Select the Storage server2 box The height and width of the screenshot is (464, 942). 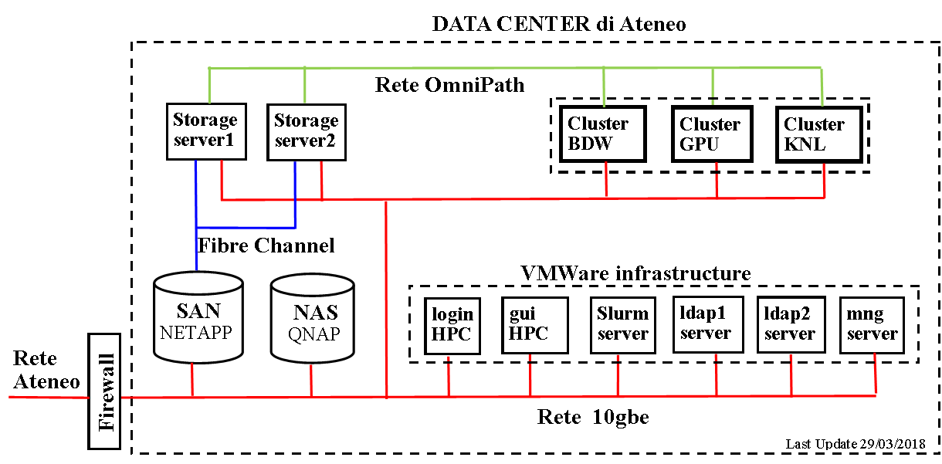tap(307, 132)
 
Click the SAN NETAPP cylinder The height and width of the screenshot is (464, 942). tap(198, 318)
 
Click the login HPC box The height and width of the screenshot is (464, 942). tap(452, 325)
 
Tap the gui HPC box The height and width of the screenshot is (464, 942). tap(529, 325)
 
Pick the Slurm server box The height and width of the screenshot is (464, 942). tap(622, 323)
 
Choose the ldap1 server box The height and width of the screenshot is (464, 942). tap(706, 323)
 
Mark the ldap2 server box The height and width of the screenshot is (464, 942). tap(789, 325)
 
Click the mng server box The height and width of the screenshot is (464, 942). tap(872, 325)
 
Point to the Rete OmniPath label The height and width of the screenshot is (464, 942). tap(449, 84)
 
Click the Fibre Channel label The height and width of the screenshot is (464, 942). tap(267, 246)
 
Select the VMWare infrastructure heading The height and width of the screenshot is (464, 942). tap(635, 273)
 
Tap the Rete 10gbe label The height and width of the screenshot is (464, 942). tap(593, 418)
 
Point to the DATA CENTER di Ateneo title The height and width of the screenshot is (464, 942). tap(558, 23)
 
